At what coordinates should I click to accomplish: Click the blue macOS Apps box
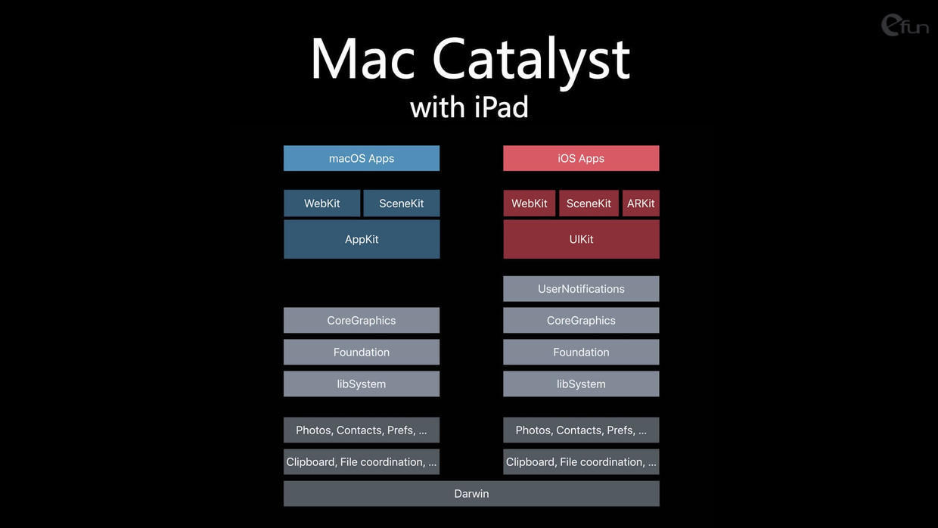[x=362, y=158]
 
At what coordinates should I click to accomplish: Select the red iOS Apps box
[x=581, y=158]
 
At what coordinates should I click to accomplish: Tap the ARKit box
[x=641, y=203]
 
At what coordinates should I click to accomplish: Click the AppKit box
[x=362, y=239]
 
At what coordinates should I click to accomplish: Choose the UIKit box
[x=581, y=239]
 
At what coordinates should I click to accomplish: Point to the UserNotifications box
[x=581, y=288]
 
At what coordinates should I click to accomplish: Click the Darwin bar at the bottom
[x=471, y=494]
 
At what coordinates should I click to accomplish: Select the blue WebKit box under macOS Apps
[x=321, y=203]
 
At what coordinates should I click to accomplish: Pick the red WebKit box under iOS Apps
[x=530, y=203]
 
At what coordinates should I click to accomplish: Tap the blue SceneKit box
[x=402, y=203]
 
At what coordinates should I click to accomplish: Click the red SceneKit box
[x=589, y=203]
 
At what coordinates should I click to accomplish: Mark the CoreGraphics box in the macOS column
[x=362, y=320]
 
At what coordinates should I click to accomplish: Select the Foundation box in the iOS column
[x=581, y=353]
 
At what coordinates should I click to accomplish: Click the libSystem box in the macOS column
[x=362, y=384]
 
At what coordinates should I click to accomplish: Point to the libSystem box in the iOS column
[x=581, y=384]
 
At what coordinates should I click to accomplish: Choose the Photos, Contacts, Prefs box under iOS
[x=581, y=430]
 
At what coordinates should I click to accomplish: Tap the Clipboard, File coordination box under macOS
[x=362, y=462]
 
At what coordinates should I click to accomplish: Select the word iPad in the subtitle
[x=502, y=107]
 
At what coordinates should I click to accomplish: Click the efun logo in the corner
[x=904, y=25]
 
